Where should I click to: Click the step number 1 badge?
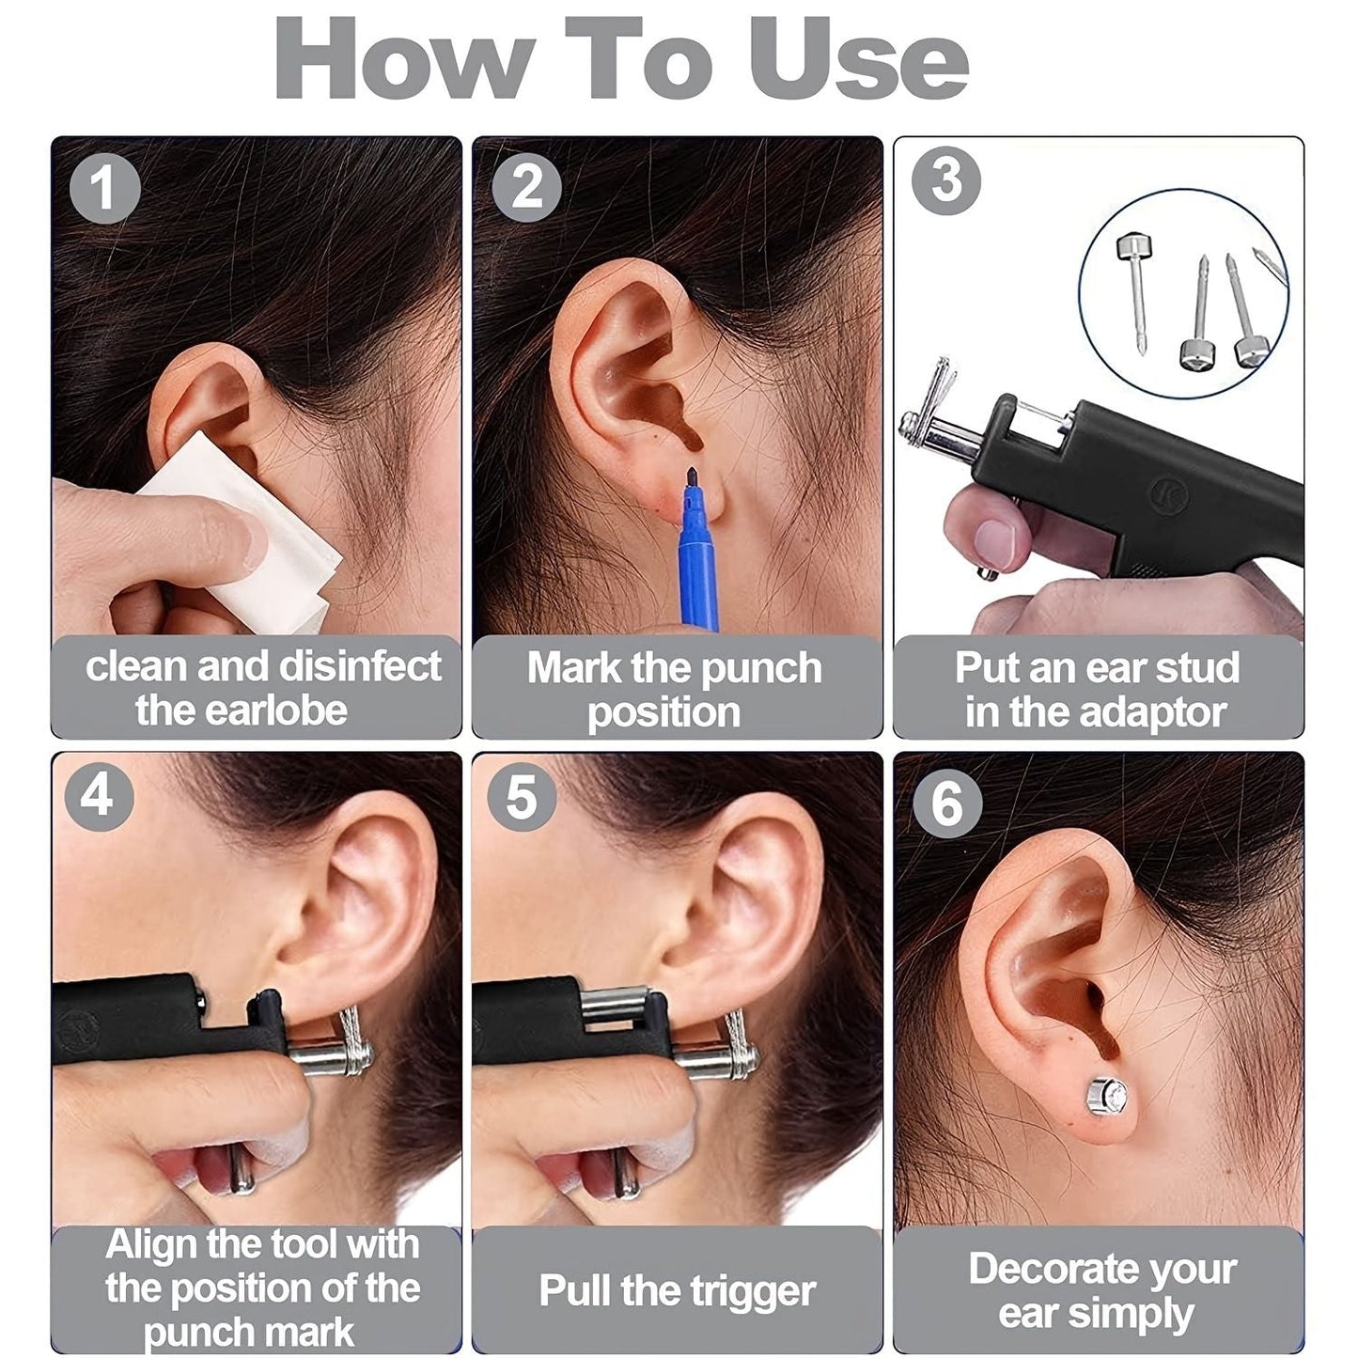[105, 188]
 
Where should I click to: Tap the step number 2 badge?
[526, 188]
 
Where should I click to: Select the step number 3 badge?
[946, 180]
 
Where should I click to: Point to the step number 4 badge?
[99, 796]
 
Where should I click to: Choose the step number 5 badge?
[522, 797]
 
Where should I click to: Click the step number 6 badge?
[946, 804]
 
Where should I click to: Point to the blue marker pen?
[698, 564]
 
